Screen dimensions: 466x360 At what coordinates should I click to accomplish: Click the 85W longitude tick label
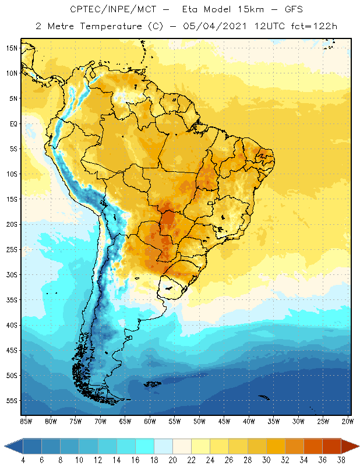pyautogui.click(x=26, y=421)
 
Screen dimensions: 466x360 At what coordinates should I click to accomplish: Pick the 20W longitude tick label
pyautogui.click(x=347, y=421)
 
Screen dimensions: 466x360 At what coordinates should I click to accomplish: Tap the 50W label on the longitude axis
pyautogui.click(x=199, y=421)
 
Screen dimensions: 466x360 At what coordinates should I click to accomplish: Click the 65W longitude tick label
pyautogui.click(x=125, y=421)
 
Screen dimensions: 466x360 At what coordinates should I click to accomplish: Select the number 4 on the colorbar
pyautogui.click(x=23, y=460)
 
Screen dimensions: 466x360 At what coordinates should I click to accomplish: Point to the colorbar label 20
pyautogui.click(x=172, y=460)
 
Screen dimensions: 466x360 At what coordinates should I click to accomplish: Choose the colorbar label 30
pyautogui.click(x=266, y=460)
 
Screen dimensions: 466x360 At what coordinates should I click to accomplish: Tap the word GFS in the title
pyautogui.click(x=278, y=10)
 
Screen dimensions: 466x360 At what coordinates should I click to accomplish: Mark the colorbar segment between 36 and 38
pyautogui.click(x=331, y=446)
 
